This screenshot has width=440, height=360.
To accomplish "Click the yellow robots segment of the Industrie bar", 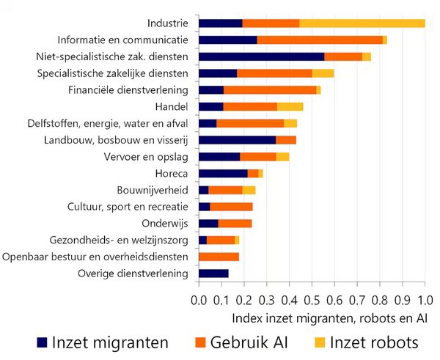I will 362,23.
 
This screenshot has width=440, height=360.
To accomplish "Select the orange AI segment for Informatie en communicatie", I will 320,40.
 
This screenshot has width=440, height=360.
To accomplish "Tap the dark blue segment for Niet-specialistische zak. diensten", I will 262,56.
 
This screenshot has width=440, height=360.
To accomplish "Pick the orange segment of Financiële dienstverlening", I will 270,89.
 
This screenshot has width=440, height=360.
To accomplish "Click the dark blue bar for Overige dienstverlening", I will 213,273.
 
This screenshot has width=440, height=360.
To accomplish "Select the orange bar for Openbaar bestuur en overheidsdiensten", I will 219,257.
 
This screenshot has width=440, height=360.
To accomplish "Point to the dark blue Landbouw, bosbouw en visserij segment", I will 237,140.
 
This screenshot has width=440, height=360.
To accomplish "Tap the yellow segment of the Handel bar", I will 290,106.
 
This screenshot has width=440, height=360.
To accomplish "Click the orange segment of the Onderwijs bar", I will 235,224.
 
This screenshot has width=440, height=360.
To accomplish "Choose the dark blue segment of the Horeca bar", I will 223,173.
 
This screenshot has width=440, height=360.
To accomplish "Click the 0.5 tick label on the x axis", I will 312,301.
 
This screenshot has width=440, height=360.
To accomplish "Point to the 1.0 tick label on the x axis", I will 425,301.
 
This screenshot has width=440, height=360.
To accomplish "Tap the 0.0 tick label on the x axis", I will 199,301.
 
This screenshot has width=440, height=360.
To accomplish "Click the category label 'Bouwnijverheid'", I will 153,190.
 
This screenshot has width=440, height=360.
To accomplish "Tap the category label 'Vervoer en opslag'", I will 147,156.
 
